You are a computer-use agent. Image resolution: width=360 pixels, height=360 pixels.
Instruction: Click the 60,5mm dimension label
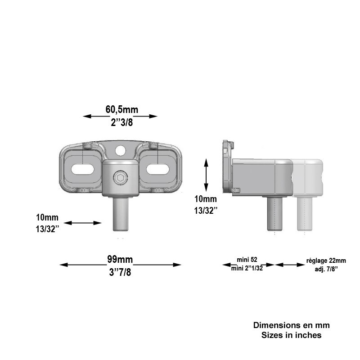121,109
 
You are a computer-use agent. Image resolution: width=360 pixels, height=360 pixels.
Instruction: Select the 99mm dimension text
120,260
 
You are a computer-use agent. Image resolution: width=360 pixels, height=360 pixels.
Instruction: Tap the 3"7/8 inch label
120,272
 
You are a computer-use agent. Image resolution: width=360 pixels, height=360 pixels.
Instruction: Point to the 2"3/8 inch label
121,122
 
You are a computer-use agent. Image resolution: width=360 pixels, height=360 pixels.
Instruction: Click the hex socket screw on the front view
121,178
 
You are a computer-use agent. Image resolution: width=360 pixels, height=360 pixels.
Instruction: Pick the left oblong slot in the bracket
83,170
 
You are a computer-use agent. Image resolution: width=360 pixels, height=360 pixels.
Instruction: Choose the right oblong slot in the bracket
158,170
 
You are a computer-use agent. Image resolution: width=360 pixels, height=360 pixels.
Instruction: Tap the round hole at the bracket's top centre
121,150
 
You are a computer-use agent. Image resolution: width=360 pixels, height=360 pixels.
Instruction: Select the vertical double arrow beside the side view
206,175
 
